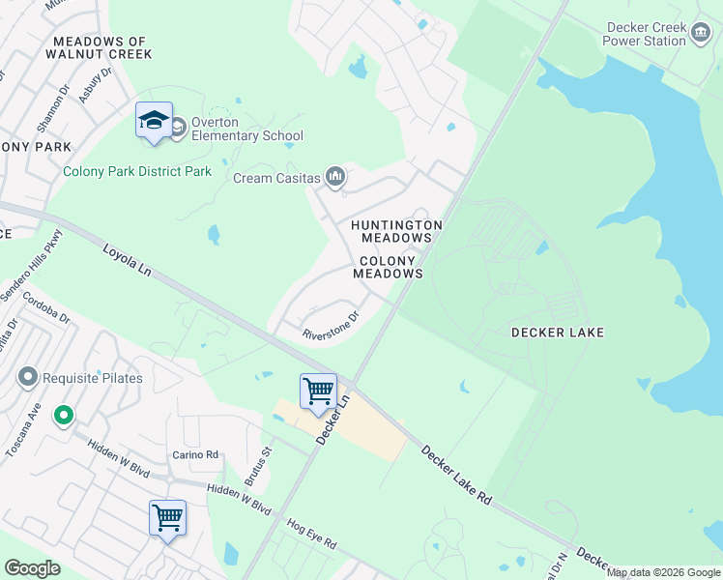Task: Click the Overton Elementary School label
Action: tap(246, 129)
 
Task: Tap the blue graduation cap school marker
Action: tap(154, 121)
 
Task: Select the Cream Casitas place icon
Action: tap(335, 176)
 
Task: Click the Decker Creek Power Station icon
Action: tap(700, 35)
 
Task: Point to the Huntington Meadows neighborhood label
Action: tap(396, 231)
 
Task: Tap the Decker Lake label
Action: tap(558, 333)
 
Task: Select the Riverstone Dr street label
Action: tap(331, 325)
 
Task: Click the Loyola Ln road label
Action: tap(128, 262)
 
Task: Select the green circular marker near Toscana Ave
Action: tap(64, 417)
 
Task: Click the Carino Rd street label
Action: tap(196, 454)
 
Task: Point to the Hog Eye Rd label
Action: tap(311, 535)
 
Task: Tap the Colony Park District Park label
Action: tap(137, 172)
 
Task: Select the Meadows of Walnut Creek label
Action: tap(100, 47)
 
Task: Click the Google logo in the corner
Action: tap(32, 568)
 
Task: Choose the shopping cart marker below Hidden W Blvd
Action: tap(167, 518)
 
